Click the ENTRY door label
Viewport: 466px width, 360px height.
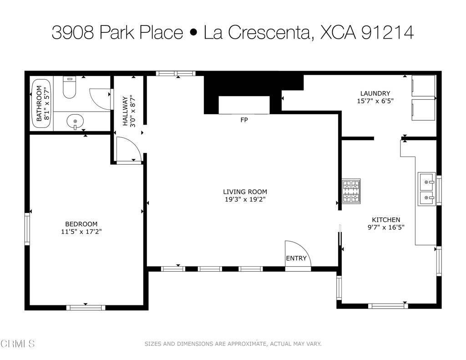coord(296,259)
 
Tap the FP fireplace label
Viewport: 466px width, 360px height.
coord(244,120)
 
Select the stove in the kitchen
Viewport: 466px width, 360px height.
coord(351,191)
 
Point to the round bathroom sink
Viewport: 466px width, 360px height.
coord(75,122)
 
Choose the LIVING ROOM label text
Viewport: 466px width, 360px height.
coord(245,192)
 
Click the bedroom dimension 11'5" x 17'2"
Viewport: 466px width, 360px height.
coord(81,232)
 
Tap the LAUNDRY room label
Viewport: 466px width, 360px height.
coord(375,93)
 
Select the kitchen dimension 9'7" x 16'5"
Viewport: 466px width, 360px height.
coord(386,227)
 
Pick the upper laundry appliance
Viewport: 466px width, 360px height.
coord(423,86)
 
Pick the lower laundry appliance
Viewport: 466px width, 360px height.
coord(423,110)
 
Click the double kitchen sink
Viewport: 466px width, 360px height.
coord(427,188)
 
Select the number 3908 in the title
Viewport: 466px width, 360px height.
coord(73,32)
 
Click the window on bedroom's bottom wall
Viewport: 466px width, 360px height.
coord(86,308)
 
